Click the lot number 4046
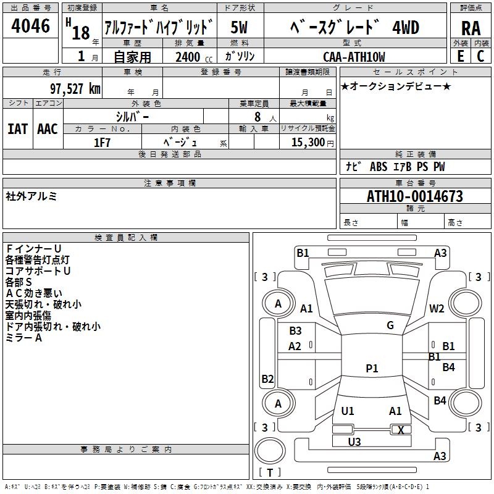pyautogui.click(x=30, y=25)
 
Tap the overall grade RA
pyautogui.click(x=471, y=28)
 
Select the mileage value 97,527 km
pyautogui.click(x=75, y=89)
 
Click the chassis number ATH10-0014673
pyautogui.click(x=415, y=196)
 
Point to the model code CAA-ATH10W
pyautogui.click(x=354, y=57)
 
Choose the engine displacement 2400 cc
pyautogui.click(x=194, y=57)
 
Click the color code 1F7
pyautogui.click(x=102, y=143)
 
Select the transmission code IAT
pyautogui.click(x=18, y=129)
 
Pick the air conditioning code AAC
pyautogui.click(x=48, y=129)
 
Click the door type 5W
pyautogui.click(x=239, y=27)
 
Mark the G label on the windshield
pyautogui.click(x=390, y=325)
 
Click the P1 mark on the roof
pyautogui.click(x=372, y=368)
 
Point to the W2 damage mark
pyautogui.click(x=437, y=308)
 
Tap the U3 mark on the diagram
pyautogui.click(x=354, y=442)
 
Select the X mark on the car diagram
pyautogui.click(x=401, y=430)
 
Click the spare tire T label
pyautogui.click(x=270, y=472)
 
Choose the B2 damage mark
pyautogui.click(x=267, y=379)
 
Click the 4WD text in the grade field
pyautogui.click(x=406, y=27)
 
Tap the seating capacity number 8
pyautogui.click(x=257, y=117)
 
